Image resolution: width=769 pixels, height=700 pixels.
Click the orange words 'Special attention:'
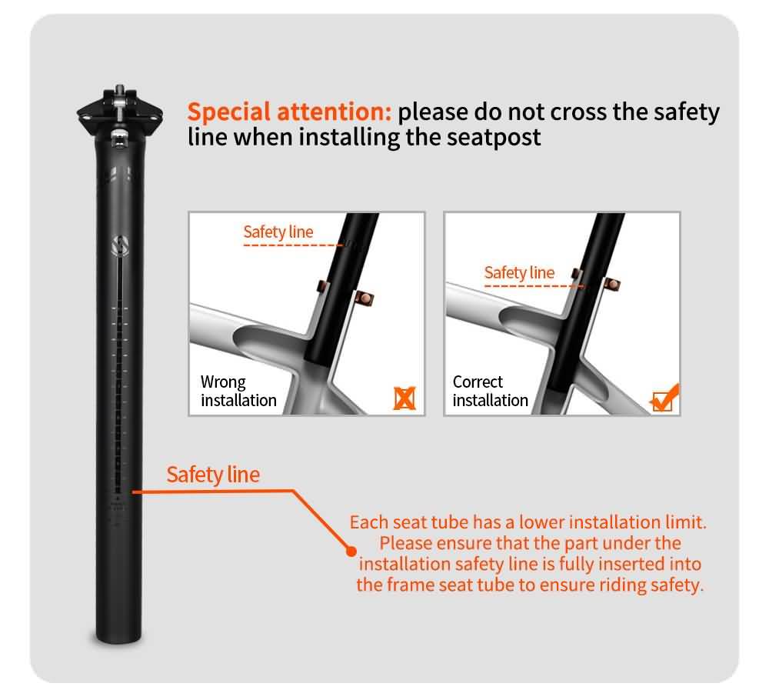289,112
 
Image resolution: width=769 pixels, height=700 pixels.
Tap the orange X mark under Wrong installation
404,398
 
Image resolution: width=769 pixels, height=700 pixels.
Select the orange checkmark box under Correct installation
664,398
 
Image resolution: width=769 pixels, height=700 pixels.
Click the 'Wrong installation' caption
238,391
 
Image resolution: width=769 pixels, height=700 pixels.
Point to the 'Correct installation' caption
491,391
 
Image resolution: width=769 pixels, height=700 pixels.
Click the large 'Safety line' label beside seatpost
213,475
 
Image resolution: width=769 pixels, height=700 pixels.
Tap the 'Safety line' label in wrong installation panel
278,232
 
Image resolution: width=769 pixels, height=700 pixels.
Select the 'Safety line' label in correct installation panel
519,272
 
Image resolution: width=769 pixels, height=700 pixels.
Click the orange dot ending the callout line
351,552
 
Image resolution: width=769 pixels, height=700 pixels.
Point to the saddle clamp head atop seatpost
120,114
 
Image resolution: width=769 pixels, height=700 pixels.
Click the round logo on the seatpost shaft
120,245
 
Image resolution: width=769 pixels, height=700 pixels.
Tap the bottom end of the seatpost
118,637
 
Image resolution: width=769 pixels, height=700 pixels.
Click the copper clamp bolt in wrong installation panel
364,298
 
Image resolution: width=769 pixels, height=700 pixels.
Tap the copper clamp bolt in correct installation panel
611,284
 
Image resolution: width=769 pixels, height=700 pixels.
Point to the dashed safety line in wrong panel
293,245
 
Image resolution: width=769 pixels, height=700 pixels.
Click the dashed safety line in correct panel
534,285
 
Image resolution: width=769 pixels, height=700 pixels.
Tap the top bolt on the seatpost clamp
119,90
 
